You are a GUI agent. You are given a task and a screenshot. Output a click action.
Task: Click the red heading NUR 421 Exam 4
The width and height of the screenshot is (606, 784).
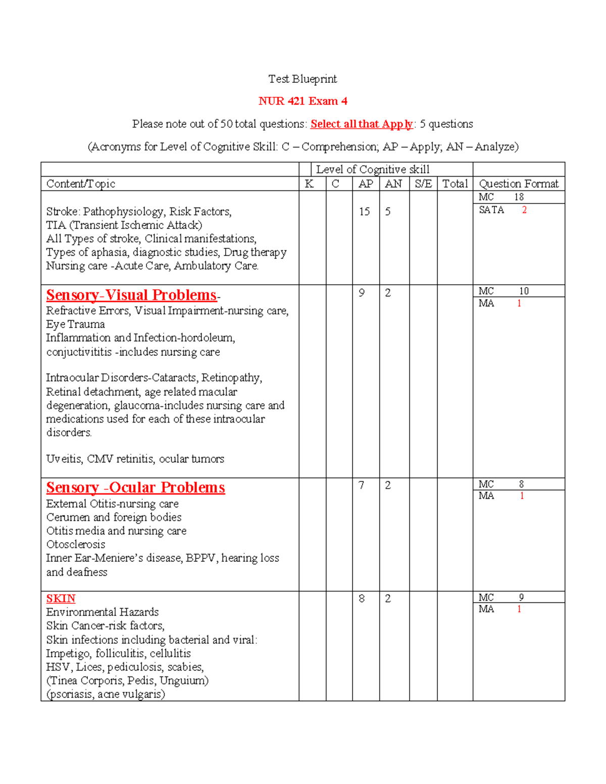pos(302,101)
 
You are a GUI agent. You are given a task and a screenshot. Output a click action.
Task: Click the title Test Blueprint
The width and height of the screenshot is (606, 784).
pos(302,79)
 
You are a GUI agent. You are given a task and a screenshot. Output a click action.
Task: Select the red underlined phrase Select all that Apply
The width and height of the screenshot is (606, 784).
pos(362,124)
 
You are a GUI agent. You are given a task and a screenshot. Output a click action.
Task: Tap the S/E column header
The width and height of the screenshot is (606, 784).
pos(423,184)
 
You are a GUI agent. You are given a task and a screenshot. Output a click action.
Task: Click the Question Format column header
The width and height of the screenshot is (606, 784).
pos(519,184)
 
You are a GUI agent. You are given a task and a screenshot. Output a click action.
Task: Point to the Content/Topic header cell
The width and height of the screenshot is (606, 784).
pos(81,184)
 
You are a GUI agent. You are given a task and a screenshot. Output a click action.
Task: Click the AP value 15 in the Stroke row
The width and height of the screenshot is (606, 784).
pos(365,212)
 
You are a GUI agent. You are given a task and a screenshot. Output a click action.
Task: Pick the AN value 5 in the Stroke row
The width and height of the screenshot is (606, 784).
pos(388,212)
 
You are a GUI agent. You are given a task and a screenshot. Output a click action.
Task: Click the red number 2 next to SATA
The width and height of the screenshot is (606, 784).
pos(524,210)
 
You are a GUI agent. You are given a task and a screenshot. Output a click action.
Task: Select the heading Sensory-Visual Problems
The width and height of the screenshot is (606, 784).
pos(131,295)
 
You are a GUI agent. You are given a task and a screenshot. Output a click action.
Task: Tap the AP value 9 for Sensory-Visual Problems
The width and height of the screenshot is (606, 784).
pos(362,293)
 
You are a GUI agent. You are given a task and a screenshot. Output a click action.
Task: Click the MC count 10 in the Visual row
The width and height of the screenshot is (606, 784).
pos(524,291)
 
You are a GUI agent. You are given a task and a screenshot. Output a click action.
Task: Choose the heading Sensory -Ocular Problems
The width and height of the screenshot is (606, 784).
pos(135,488)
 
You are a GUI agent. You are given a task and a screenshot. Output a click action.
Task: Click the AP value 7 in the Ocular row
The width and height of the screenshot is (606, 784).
pos(362,485)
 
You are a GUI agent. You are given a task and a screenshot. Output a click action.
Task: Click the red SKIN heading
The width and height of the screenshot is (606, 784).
pos(61,599)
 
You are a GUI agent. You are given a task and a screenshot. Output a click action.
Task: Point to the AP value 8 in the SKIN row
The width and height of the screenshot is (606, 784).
pos(362,599)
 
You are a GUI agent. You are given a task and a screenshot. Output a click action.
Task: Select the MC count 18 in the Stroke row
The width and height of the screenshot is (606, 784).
pos(519,197)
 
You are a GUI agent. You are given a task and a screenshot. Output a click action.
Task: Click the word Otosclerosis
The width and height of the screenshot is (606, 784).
pos(76,544)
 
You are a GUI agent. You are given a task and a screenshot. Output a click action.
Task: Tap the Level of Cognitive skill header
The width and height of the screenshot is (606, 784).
pos(373,170)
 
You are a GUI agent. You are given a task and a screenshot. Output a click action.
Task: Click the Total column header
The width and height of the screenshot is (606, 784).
pos(455,184)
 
